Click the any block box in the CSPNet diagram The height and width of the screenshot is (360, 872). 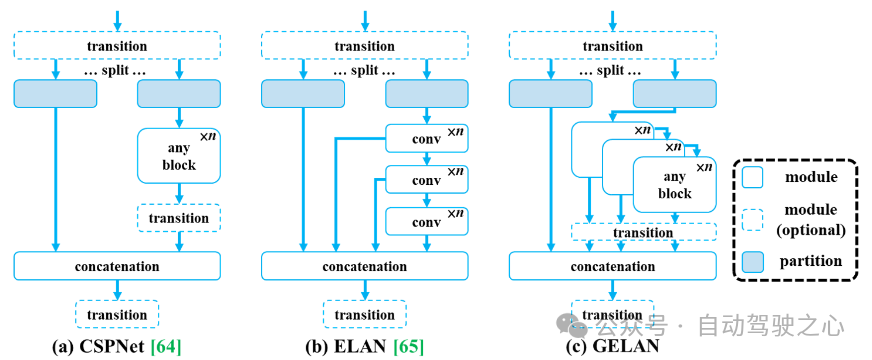[179, 155]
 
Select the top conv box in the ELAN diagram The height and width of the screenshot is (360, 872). [427, 138]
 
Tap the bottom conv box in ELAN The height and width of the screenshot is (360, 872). [427, 221]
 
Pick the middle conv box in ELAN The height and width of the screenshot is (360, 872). [427, 180]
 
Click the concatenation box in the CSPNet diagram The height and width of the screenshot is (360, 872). [117, 266]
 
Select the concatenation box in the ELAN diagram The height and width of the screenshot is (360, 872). [365, 266]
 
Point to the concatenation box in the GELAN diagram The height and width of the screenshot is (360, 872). [613, 266]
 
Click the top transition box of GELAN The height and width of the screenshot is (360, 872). [613, 45]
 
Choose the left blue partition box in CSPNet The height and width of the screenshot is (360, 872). [55, 93]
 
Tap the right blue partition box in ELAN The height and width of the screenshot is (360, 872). [427, 93]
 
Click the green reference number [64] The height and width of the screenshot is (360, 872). [166, 347]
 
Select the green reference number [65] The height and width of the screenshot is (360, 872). [408, 347]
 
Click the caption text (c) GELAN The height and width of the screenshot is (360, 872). [613, 347]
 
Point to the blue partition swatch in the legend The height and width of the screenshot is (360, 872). [753, 260]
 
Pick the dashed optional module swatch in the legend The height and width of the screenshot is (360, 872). [753, 219]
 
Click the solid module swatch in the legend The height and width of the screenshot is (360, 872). [753, 177]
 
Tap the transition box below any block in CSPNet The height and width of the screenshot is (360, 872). [179, 218]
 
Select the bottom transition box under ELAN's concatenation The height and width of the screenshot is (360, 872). [365, 314]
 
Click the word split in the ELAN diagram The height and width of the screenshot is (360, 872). [365, 71]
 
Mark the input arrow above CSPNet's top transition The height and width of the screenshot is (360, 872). [117, 21]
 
